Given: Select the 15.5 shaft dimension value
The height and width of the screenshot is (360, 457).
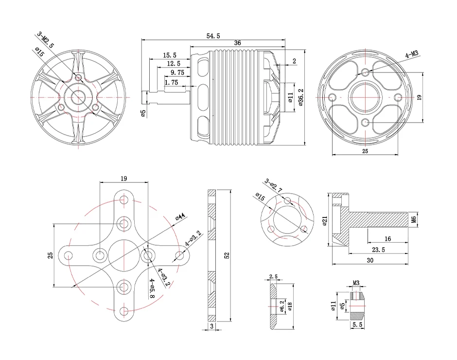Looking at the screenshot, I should coord(170,55).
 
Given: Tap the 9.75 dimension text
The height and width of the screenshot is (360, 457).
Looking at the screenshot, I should coord(177,72).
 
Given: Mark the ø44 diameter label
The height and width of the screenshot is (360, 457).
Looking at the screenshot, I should coord(180,217).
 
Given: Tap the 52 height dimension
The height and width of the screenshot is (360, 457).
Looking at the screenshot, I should coord(227,256).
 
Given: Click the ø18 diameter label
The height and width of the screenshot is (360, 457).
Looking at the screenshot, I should coord(290,306).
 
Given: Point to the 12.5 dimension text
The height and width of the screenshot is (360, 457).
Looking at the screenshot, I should coord(173,64).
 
